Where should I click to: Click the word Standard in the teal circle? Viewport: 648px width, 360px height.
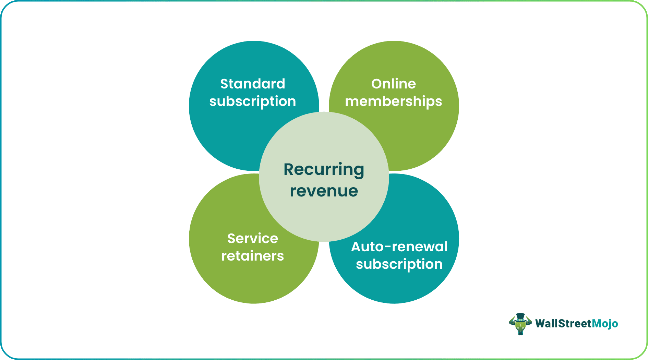[x=252, y=84]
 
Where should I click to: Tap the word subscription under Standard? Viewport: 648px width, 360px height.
[x=252, y=102]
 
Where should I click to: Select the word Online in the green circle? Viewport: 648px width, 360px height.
[x=393, y=84]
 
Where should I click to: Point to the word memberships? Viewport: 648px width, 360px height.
[x=393, y=102]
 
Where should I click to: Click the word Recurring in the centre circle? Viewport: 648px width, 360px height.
[x=324, y=170]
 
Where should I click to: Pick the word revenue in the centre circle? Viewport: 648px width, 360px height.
[x=324, y=191]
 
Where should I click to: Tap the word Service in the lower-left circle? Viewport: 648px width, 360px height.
[x=252, y=239]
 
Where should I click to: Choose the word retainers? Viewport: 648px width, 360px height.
[x=252, y=256]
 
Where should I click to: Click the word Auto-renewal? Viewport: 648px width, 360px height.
[x=399, y=247]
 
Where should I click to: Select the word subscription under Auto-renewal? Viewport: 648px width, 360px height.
[x=399, y=264]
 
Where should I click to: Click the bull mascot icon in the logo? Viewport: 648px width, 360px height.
[x=520, y=324]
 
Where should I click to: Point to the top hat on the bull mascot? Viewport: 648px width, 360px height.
[x=520, y=316]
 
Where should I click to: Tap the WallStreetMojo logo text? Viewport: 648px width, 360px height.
[x=576, y=324]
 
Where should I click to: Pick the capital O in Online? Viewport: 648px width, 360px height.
[x=377, y=84]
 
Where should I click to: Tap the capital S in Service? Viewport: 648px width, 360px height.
[x=232, y=239]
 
